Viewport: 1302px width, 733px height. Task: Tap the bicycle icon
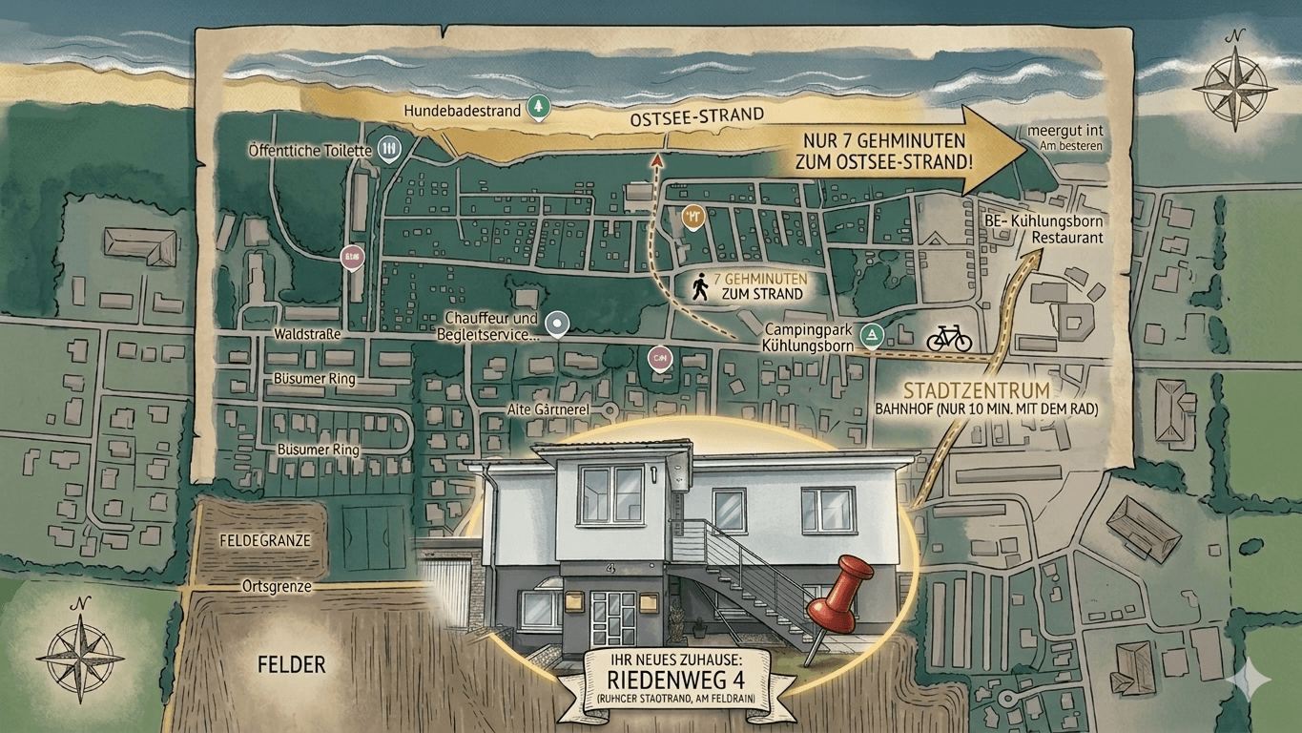[948, 337]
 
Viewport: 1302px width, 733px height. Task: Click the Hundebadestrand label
[463, 111]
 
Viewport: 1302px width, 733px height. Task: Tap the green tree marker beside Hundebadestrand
[538, 107]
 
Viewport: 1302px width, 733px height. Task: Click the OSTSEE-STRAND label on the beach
[697, 116]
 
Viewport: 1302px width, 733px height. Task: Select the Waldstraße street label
[307, 335]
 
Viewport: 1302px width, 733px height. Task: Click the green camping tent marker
[872, 335]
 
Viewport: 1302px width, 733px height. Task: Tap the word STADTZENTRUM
[976, 390]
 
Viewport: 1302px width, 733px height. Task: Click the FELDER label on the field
[291, 664]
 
